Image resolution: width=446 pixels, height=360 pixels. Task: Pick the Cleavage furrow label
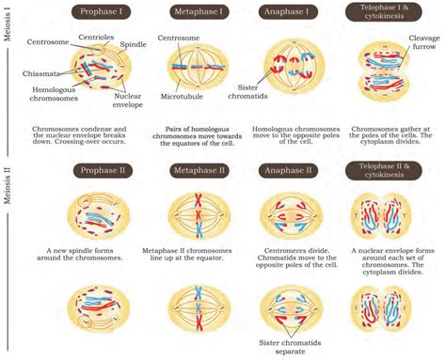click(422, 43)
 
